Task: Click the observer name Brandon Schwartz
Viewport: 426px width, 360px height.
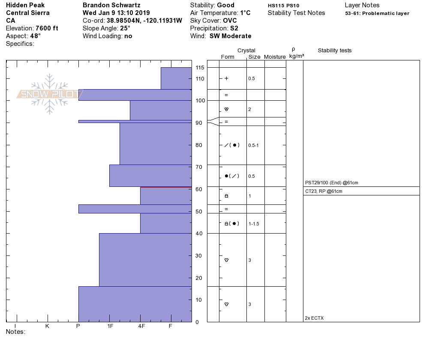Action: [x=111, y=5]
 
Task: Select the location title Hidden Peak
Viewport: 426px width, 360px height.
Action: [x=25, y=5]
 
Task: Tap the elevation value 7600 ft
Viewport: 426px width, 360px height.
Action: [x=47, y=28]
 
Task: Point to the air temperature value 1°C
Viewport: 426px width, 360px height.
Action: [x=245, y=13]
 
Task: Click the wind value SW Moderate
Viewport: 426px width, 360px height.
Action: [x=230, y=36]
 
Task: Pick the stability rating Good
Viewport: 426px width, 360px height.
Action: [x=225, y=5]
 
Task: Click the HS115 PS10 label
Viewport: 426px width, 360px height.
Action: [x=283, y=6]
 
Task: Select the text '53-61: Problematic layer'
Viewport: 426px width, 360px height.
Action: [x=377, y=13]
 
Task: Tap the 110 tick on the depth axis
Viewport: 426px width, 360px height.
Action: [x=200, y=79]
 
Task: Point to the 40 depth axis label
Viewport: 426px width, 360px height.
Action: [x=198, y=234]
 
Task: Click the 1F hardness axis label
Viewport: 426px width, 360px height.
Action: [x=110, y=326]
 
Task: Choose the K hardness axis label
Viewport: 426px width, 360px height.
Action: [x=47, y=326]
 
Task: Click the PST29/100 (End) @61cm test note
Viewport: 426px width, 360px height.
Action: [x=331, y=183]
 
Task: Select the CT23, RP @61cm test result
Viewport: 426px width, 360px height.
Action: [x=324, y=191]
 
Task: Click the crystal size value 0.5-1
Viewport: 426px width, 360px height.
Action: [x=253, y=145]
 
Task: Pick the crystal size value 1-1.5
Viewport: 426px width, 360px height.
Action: [x=254, y=224]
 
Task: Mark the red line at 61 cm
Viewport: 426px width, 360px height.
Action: [x=165, y=187]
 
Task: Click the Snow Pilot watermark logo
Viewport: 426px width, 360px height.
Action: [x=50, y=94]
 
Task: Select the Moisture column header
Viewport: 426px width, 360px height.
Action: [x=275, y=57]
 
